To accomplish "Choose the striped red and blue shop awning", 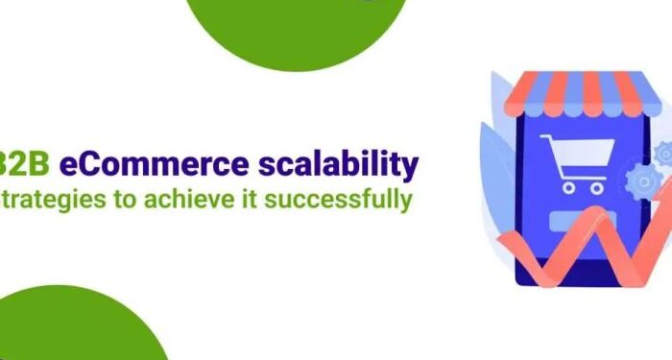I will click(575, 89).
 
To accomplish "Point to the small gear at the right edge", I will click(662, 153).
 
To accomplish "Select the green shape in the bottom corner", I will click(82, 331).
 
